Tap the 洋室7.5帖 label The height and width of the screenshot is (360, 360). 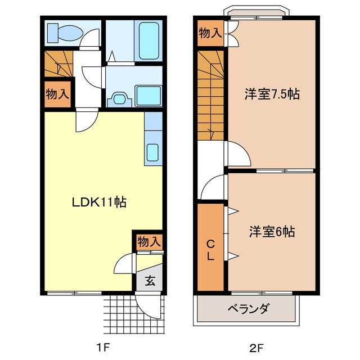click(271, 94)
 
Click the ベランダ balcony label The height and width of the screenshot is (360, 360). click(248, 309)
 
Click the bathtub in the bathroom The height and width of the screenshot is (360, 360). click(150, 37)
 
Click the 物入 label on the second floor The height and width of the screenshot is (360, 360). click(209, 33)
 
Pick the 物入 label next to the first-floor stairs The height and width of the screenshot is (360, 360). click(57, 93)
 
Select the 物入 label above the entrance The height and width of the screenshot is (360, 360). click(149, 242)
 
